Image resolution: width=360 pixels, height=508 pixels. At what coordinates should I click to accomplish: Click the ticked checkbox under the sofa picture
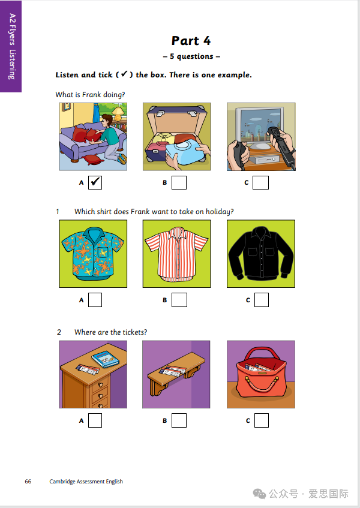click(x=95, y=182)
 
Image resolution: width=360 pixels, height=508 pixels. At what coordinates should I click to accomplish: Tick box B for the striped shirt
click(x=179, y=300)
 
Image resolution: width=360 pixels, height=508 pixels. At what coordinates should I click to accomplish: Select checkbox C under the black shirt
click(x=262, y=300)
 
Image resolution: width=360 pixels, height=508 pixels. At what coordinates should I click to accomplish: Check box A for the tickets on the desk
click(x=95, y=420)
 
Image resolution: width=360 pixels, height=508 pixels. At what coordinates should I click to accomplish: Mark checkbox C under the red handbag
click(x=262, y=420)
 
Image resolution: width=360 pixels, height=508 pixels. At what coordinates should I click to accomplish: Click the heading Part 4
click(x=191, y=41)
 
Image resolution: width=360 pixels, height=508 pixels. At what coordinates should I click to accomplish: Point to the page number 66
click(x=28, y=482)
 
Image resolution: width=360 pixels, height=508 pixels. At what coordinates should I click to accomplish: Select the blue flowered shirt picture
click(x=93, y=254)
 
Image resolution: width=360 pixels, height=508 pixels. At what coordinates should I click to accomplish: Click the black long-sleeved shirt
click(x=261, y=254)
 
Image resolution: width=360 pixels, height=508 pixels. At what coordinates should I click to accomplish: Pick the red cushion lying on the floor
click(x=93, y=160)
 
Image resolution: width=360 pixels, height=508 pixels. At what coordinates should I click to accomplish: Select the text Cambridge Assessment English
click(x=86, y=482)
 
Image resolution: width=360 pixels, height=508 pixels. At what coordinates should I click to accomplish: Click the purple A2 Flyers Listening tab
click(x=11, y=46)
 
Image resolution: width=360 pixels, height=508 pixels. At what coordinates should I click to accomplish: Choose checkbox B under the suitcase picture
click(x=179, y=182)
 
